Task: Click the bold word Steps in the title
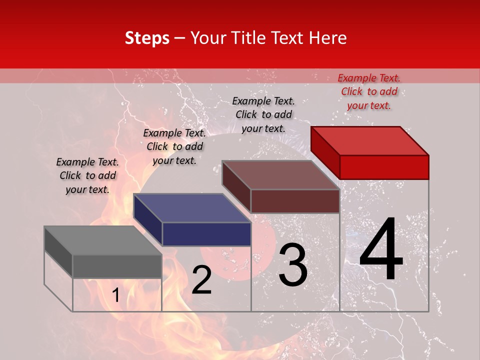pos(146,38)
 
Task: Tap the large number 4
pos(381,250)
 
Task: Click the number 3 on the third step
pos(293,265)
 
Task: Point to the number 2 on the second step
pos(201,280)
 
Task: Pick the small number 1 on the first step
pos(115,295)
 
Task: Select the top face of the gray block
pos(102,240)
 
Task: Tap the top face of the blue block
pos(192,208)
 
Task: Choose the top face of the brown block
pos(281,175)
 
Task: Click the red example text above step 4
pos(369,91)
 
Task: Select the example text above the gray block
pos(87,176)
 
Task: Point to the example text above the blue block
pos(174,146)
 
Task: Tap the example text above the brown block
pos(263,114)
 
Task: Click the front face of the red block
pos(384,167)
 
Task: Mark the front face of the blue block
pos(206,234)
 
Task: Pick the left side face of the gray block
pos(58,251)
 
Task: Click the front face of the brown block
pos(295,201)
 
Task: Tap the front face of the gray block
pos(117,266)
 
